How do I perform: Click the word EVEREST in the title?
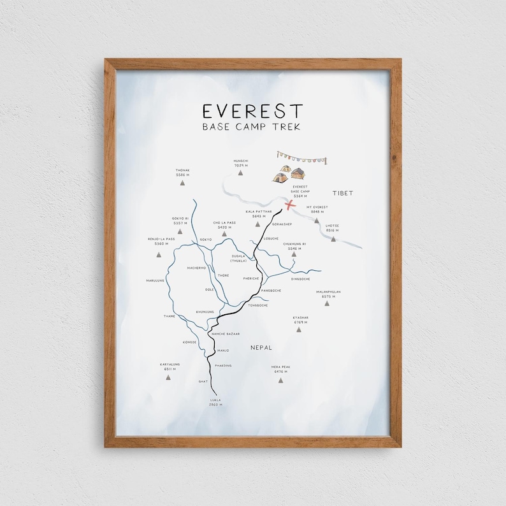click(252, 111)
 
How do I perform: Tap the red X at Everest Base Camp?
click(290, 205)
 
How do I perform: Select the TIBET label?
click(342, 192)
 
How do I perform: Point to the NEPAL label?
click(261, 347)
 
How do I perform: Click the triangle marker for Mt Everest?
click(317, 221)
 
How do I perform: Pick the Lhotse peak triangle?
click(333, 238)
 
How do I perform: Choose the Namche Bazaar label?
click(224, 333)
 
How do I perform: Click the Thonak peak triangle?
click(183, 183)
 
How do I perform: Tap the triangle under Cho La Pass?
click(224, 234)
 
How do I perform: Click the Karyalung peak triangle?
click(170, 378)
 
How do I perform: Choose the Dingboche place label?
click(300, 278)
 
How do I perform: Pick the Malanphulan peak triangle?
click(328, 303)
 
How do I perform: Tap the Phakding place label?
click(223, 365)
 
